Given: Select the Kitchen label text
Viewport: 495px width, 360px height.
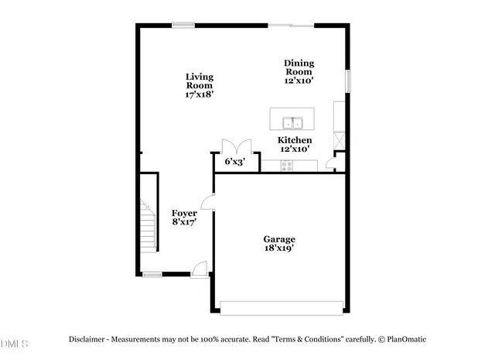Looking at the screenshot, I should (295, 140).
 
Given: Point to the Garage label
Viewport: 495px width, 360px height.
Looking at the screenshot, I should (279, 239).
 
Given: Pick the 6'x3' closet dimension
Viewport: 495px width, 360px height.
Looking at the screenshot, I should (234, 163).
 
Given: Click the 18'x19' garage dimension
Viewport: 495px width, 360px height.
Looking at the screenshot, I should (279, 249).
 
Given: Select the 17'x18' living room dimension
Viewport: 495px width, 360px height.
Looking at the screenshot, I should (199, 94).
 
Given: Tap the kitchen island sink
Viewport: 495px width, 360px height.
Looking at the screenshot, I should (292, 122).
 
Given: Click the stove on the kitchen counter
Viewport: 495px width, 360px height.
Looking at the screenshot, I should (287, 165).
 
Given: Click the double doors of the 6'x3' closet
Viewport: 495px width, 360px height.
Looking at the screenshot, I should (234, 147).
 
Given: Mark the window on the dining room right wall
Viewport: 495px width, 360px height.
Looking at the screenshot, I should (348, 80).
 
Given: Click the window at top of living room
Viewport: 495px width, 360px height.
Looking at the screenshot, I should (183, 26).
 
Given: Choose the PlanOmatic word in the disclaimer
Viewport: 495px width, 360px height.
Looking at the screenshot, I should (405, 339).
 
